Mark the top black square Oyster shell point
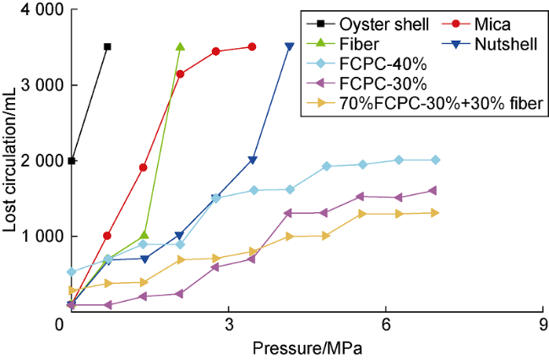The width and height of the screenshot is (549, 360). pos(107,46)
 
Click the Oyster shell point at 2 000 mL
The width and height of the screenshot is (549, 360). pos(72,161)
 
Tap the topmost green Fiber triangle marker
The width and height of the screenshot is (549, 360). pos(180,46)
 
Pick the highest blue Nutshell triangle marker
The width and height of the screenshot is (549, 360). pos(290,47)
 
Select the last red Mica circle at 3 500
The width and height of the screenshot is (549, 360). pos(253,46)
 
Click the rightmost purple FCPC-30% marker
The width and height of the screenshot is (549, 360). pos(434,190)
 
